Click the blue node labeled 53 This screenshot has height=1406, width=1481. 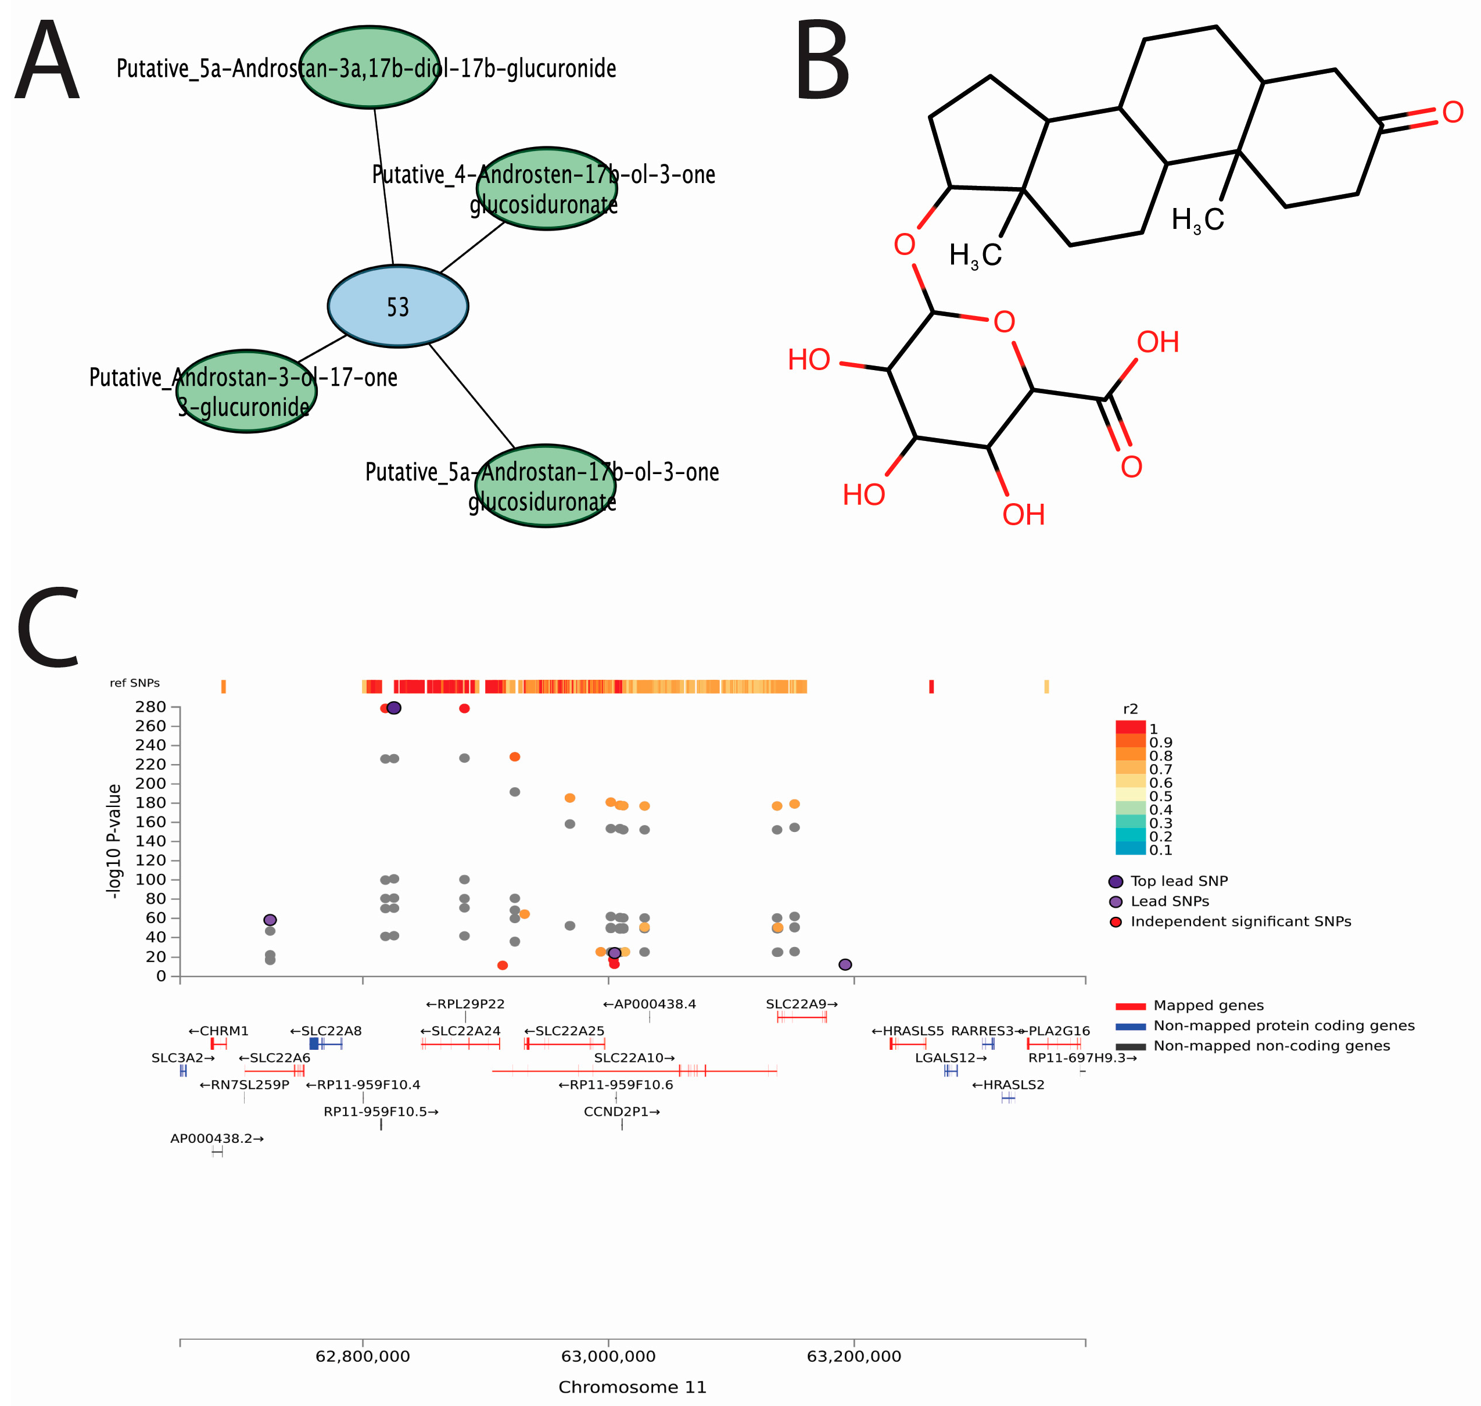point(398,306)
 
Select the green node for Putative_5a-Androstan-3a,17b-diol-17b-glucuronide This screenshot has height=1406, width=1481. point(370,67)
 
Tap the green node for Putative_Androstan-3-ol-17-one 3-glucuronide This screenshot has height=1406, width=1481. point(246,391)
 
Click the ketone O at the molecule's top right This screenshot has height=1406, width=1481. point(1453,112)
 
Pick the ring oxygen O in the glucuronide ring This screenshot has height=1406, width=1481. point(1005,322)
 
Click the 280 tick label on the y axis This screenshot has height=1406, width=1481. point(150,706)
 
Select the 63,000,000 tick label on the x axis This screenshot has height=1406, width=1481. point(608,1356)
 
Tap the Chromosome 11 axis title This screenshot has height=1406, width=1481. point(632,1386)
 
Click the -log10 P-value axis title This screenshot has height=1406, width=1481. point(114,841)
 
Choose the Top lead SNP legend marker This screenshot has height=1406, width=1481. point(1115,881)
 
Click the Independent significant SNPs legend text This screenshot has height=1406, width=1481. point(1240,921)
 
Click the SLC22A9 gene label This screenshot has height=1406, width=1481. point(801,1003)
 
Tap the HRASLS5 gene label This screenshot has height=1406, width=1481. point(908,1031)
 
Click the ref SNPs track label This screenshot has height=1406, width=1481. point(135,683)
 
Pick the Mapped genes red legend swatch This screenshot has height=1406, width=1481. point(1130,1006)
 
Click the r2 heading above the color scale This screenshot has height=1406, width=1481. point(1130,709)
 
